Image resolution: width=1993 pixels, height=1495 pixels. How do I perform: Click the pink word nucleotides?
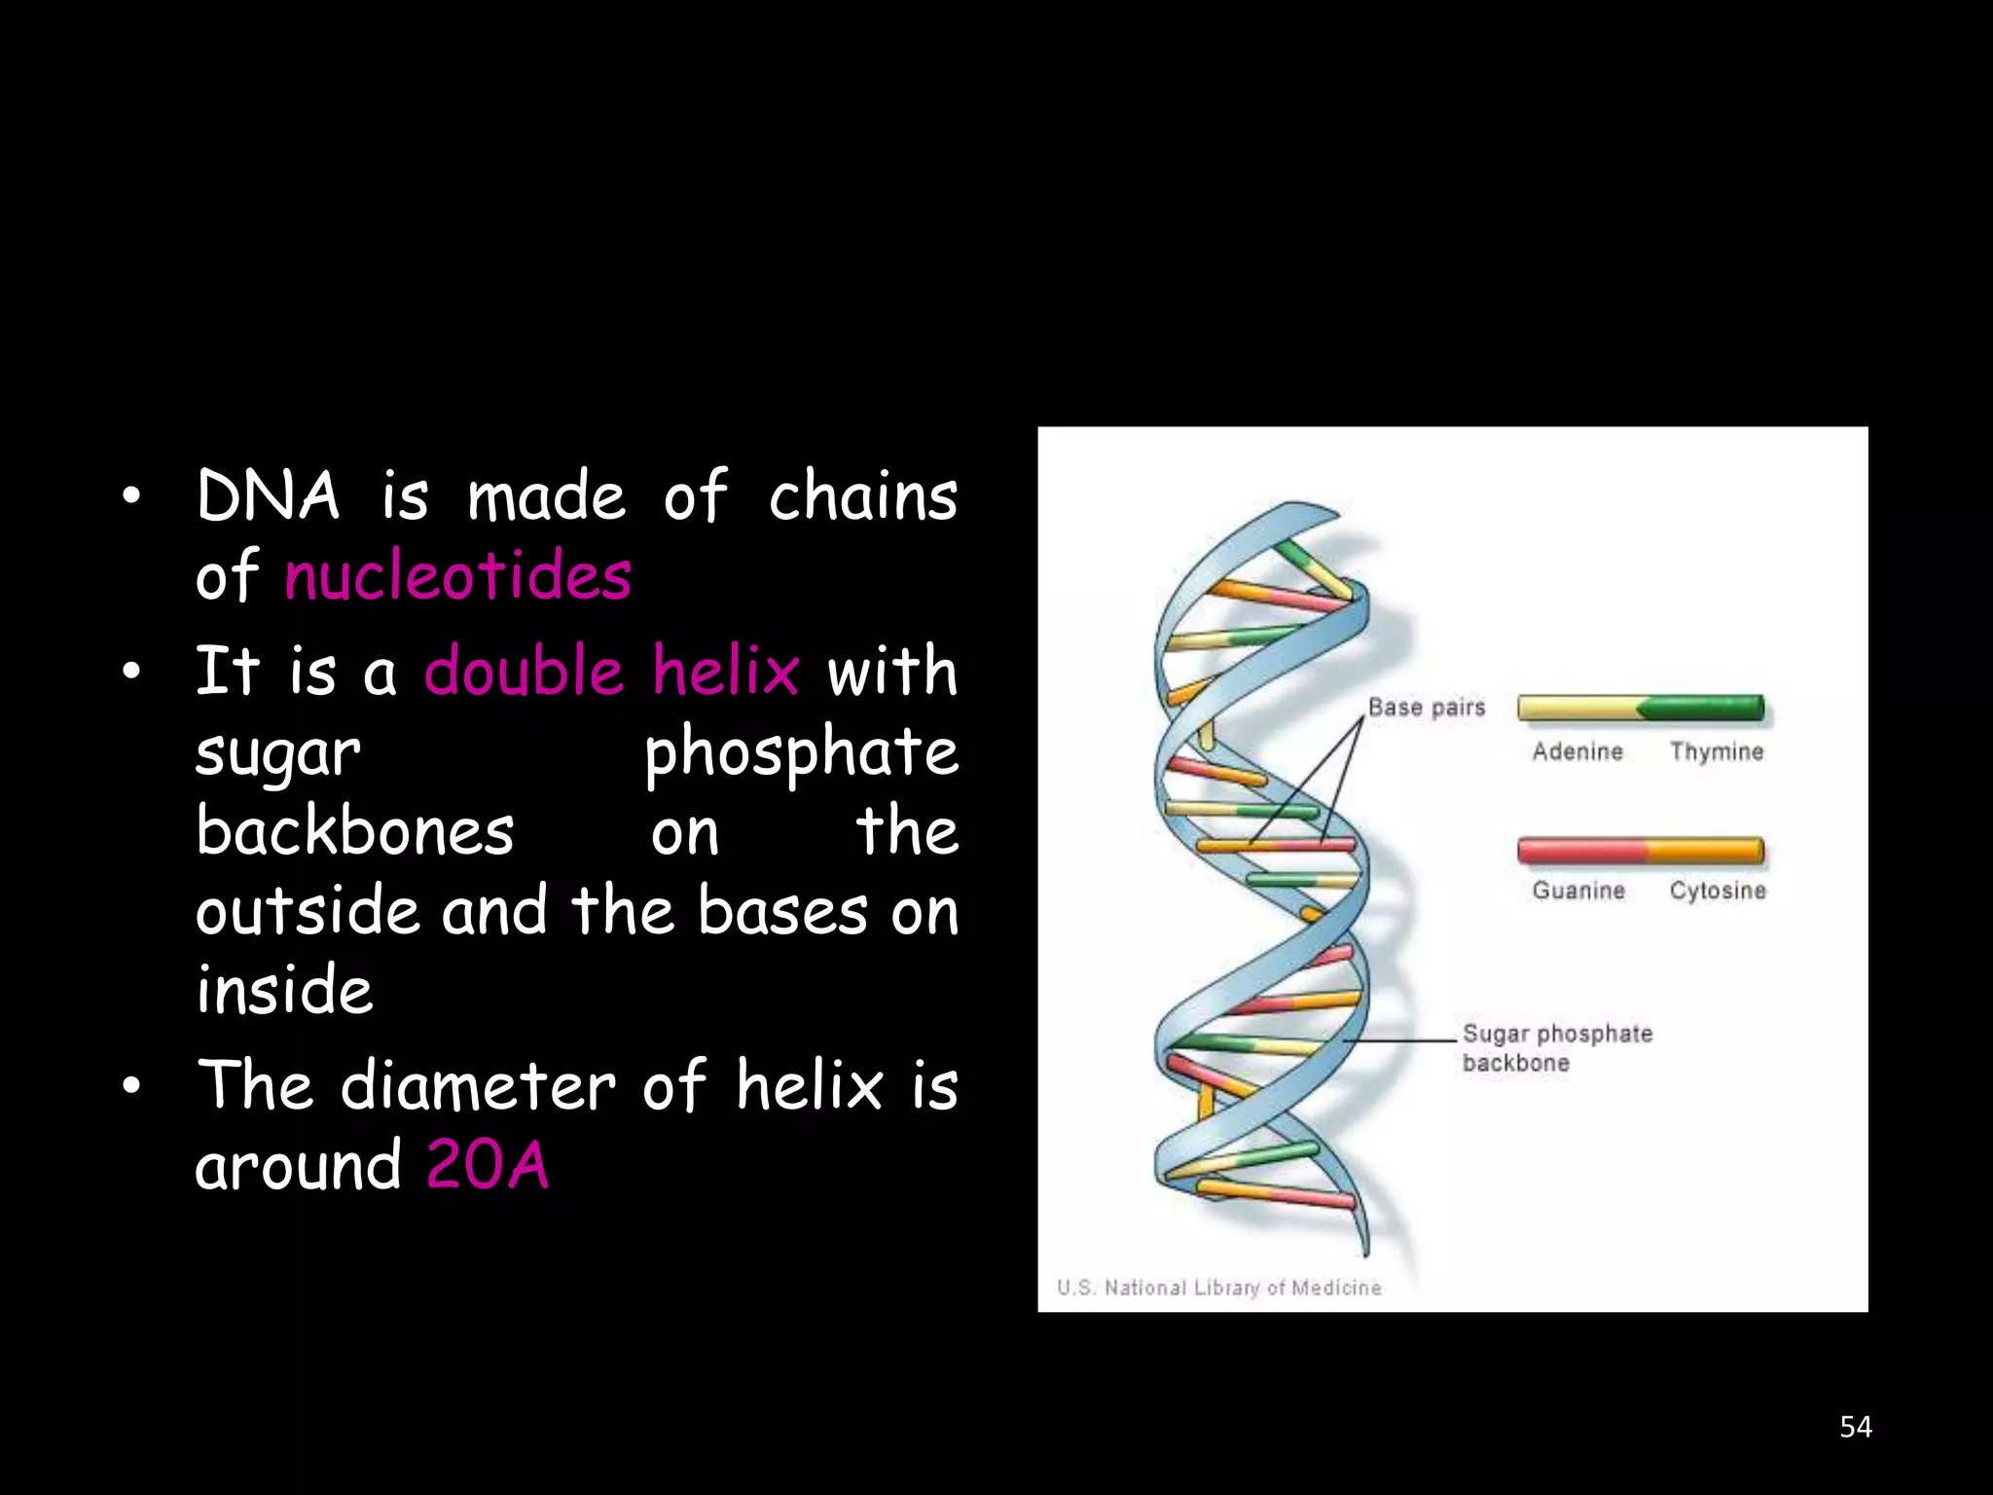(x=457, y=576)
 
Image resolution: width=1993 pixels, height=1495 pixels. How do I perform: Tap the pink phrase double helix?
(x=611, y=671)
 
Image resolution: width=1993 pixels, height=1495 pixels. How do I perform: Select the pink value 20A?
(x=488, y=1165)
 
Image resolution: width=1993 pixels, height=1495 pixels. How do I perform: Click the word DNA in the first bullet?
(x=268, y=496)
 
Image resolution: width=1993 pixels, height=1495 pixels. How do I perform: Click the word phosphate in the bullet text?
(x=801, y=752)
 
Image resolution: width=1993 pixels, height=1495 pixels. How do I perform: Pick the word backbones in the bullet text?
(x=354, y=832)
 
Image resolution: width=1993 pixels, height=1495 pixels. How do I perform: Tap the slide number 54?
(x=1855, y=1427)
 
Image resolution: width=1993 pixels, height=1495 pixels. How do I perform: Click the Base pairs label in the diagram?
(x=1426, y=708)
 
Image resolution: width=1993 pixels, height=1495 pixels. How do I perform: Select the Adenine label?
(x=1577, y=751)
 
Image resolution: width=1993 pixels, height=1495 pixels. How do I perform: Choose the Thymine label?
(x=1717, y=751)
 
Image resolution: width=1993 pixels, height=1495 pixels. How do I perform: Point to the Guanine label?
(x=1578, y=891)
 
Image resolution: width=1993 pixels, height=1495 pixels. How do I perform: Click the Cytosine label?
(x=1718, y=891)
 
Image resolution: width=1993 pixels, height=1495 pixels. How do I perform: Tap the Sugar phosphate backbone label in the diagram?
(x=1556, y=1048)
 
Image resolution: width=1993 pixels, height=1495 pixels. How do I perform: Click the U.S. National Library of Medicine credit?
(x=1218, y=1288)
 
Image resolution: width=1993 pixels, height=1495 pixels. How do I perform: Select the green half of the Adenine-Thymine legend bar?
(x=1703, y=708)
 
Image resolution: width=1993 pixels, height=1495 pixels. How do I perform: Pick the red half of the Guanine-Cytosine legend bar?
(x=1581, y=850)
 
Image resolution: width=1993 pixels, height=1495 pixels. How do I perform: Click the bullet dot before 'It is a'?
(x=131, y=672)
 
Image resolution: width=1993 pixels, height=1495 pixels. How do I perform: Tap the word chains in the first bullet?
(x=862, y=496)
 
